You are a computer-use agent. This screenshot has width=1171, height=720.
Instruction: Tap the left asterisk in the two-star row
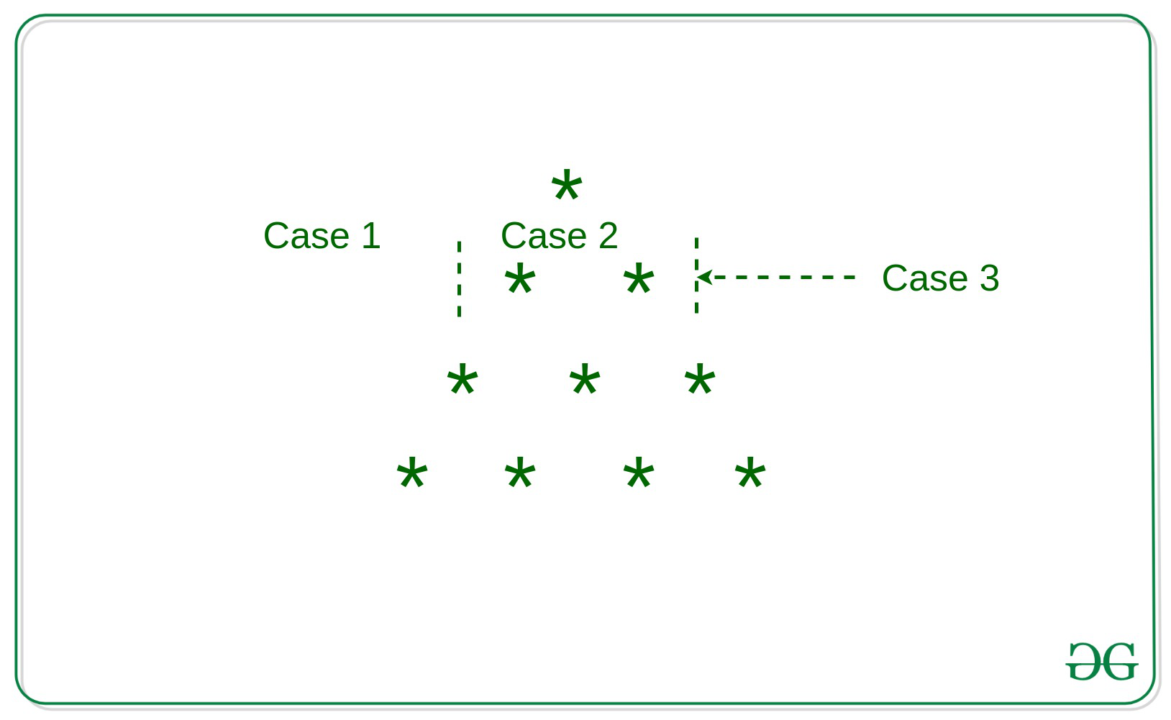[x=519, y=278]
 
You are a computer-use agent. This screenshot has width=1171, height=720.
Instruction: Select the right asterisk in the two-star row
[x=638, y=278]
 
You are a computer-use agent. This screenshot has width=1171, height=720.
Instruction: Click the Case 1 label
[x=322, y=236]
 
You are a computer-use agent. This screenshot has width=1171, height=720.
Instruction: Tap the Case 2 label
[x=560, y=236]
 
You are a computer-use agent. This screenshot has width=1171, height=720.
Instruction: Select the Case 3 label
[x=940, y=278]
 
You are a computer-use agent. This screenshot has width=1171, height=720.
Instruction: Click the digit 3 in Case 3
[x=990, y=278]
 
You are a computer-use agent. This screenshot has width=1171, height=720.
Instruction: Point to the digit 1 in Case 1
[x=372, y=236]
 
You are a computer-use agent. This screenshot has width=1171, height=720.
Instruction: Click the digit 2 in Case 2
[x=609, y=236]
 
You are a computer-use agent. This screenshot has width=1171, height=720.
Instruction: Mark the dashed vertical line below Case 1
[x=459, y=278]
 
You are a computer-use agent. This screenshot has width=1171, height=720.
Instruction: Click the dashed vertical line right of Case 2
[x=696, y=275]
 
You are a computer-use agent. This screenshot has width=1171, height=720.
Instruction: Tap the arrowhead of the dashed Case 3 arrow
[x=704, y=277]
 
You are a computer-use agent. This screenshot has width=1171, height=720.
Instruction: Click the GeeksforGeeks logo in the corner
[x=1101, y=661]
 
